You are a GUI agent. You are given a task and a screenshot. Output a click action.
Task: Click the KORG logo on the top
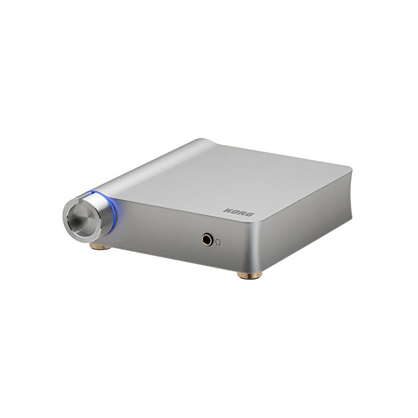pos(239,212)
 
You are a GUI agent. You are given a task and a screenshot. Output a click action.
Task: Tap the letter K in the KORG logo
pos(228,211)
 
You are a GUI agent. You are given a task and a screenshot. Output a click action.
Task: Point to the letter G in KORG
pos(251,214)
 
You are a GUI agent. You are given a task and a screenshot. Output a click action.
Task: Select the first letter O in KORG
pos(235,211)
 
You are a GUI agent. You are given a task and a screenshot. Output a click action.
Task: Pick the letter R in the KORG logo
pos(242,213)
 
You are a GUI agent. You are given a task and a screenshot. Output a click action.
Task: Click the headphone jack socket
pos(207,239)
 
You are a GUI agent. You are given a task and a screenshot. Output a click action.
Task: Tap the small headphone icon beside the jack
pos(218,242)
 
